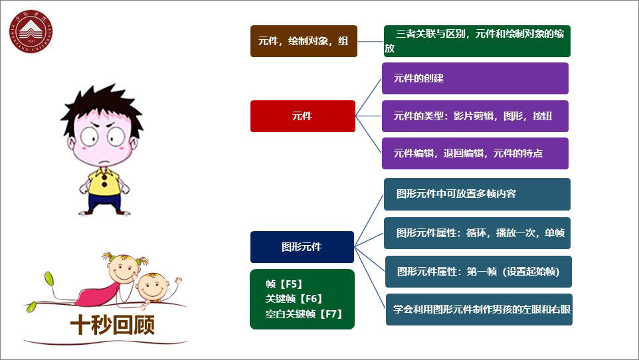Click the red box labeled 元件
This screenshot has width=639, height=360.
coord(302,116)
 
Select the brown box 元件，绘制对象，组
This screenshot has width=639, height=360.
coord(304,41)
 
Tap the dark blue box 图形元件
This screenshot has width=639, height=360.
coord(302,247)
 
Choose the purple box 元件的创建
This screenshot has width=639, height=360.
coord(475,78)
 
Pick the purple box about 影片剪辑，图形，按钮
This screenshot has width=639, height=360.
coord(475,116)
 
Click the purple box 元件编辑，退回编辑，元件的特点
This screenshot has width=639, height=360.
coord(475,153)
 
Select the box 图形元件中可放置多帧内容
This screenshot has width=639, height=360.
coord(477,195)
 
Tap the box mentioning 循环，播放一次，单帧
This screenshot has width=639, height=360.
coord(477,233)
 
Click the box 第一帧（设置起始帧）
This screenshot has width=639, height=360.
coord(478,272)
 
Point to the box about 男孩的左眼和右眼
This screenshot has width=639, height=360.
coord(479,310)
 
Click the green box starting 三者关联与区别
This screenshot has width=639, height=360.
coord(477,41)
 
